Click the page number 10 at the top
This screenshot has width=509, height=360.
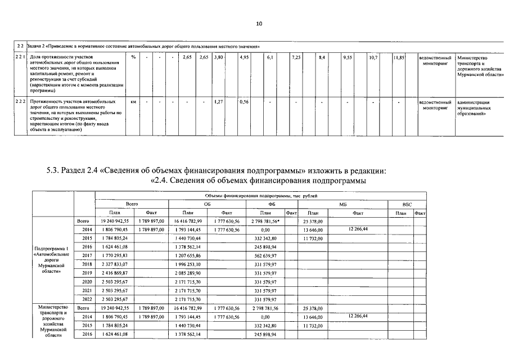259,24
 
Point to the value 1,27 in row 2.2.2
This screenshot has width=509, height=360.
219,102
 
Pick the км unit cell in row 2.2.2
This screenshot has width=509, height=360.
133,102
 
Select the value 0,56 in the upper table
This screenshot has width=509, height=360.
244,102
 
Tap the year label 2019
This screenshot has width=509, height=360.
87,273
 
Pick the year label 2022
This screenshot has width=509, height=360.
87,299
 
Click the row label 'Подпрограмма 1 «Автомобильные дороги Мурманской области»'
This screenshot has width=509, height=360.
52,260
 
